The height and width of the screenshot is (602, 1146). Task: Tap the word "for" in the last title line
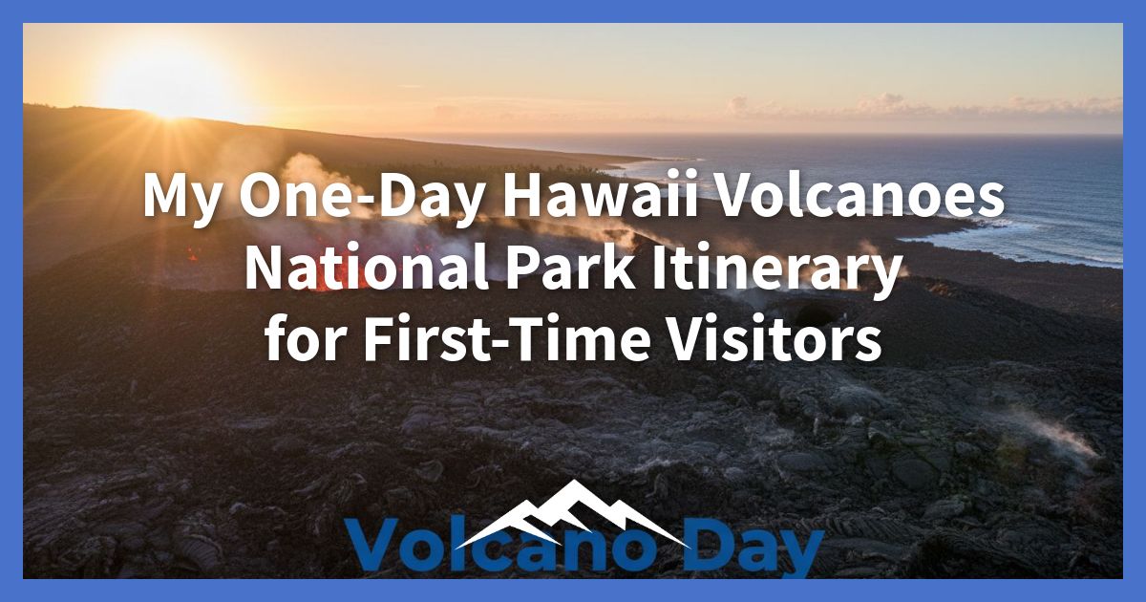[296, 340]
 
